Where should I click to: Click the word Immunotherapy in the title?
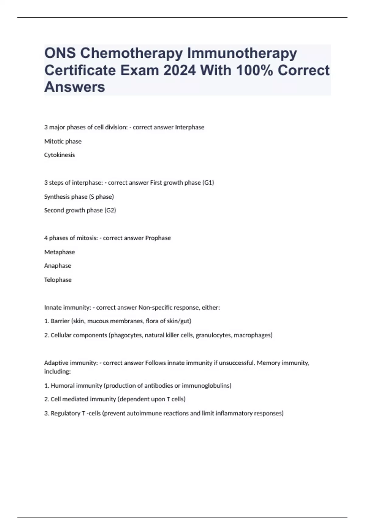pos(242,53)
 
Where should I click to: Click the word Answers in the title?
pos(75,87)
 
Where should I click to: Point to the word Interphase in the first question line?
pos(189,127)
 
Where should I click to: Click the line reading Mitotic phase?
pos(63,141)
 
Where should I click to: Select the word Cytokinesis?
pos(59,155)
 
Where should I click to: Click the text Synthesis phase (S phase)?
pos(79,197)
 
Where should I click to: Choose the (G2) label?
pos(110,210)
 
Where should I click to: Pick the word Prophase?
pos(158,238)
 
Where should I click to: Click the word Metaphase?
pos(60,252)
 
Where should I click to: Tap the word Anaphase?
pos(58,266)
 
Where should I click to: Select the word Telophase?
pos(58,280)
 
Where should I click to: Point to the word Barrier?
pos(60,321)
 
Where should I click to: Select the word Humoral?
pos(62,386)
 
